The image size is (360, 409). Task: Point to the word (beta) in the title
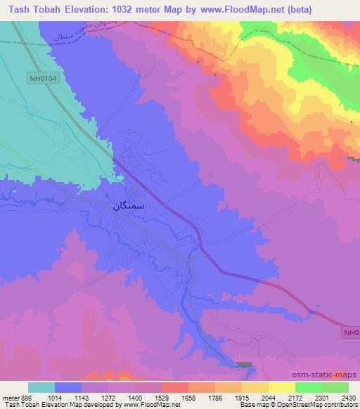[x=299, y=9]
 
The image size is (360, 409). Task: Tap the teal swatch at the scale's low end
[x=41, y=387]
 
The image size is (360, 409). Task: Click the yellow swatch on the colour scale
[x=282, y=387]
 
